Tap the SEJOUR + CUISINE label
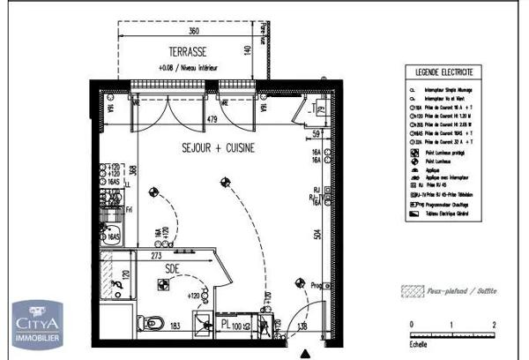(219, 148)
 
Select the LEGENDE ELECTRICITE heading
(438, 71)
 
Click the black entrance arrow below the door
(305, 354)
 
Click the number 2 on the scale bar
(495, 326)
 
